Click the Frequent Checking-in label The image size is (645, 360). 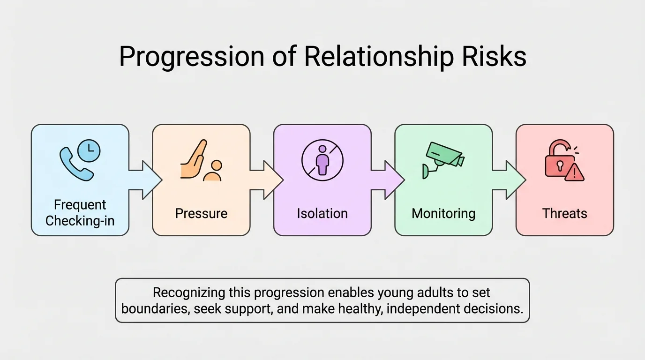[80, 213]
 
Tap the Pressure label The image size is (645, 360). [201, 214]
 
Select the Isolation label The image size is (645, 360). [322, 214]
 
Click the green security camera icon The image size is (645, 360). [443, 158]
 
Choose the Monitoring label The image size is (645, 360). [443, 214]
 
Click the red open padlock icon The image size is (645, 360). [557, 158]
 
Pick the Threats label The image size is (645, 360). [564, 214]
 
